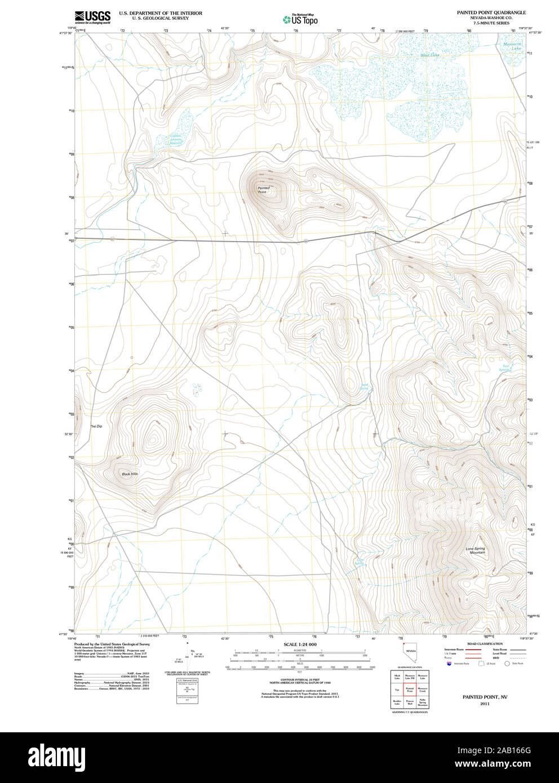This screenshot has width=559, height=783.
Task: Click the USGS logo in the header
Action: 92,17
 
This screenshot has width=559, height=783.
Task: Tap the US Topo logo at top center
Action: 300,20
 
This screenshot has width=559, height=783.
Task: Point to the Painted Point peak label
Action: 263,190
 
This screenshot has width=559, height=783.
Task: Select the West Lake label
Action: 429,55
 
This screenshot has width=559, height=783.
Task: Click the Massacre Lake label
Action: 513,46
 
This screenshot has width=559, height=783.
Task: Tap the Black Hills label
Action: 130,474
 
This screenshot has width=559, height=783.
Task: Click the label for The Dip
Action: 96,426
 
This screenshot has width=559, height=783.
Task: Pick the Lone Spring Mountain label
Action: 475,550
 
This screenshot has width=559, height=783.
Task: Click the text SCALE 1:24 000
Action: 300,644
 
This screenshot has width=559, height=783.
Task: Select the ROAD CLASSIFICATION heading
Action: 485,644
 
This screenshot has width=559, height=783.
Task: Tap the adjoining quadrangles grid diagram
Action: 410,689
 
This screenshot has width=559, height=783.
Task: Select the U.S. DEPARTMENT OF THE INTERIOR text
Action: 161,12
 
